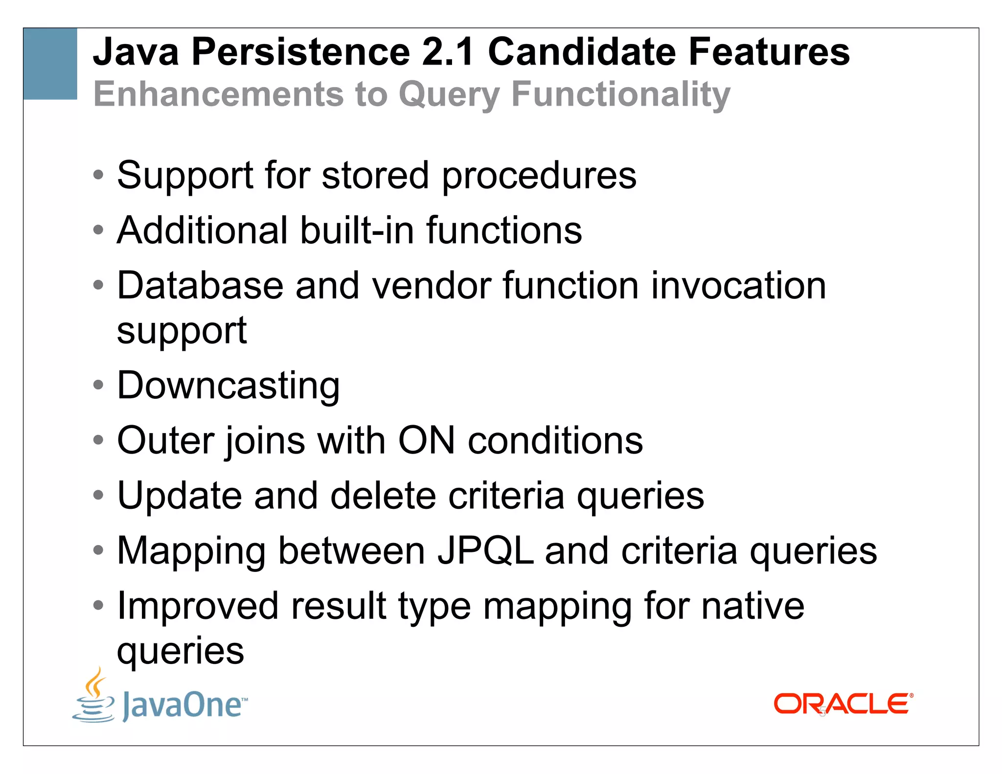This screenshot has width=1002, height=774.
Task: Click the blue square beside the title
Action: (50, 64)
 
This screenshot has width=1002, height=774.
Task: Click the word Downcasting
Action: (228, 386)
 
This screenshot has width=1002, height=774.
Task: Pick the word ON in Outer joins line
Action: (426, 440)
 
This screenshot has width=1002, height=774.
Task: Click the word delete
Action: (383, 496)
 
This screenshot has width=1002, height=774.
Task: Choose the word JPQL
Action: (485, 551)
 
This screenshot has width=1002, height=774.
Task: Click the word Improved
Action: (198, 606)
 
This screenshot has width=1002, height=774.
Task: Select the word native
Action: (752, 606)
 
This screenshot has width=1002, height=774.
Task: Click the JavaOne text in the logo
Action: (183, 705)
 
